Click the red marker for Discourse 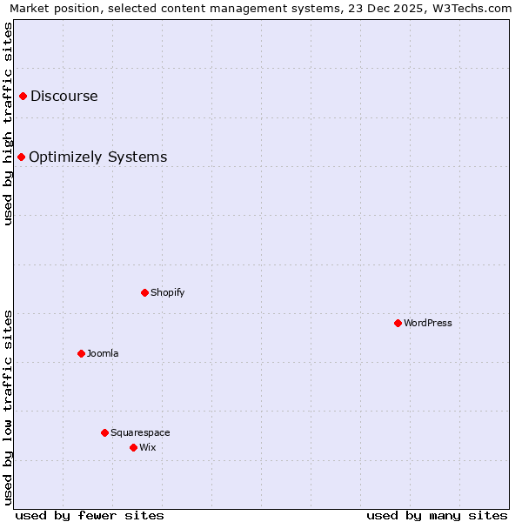[x=23, y=96]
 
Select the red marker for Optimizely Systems [x=21, y=157]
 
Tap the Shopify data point [x=144, y=292]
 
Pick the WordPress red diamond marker [x=398, y=323]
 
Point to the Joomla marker [x=81, y=353]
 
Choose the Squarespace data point [x=104, y=432]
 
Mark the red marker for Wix [x=133, y=447]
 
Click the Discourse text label [x=64, y=96]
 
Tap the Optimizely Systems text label [x=98, y=157]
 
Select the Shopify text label [x=168, y=292]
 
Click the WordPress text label [x=428, y=323]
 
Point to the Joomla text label [x=103, y=353]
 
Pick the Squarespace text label [x=140, y=432]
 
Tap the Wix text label [x=148, y=447]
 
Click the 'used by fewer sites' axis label [x=90, y=515]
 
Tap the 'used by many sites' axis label [x=437, y=515]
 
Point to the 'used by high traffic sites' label [x=8, y=124]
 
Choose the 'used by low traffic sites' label [x=8, y=407]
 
